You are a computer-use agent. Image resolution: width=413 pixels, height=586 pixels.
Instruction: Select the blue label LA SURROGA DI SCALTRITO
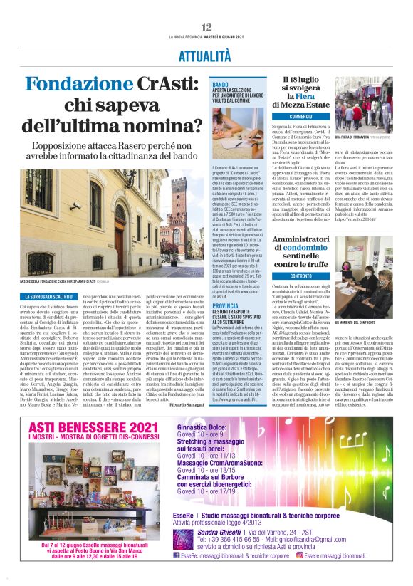(x=55, y=295)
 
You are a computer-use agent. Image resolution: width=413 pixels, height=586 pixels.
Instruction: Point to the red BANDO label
(x=220, y=85)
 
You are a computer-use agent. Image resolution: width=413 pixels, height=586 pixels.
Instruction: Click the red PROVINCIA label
(x=225, y=304)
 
